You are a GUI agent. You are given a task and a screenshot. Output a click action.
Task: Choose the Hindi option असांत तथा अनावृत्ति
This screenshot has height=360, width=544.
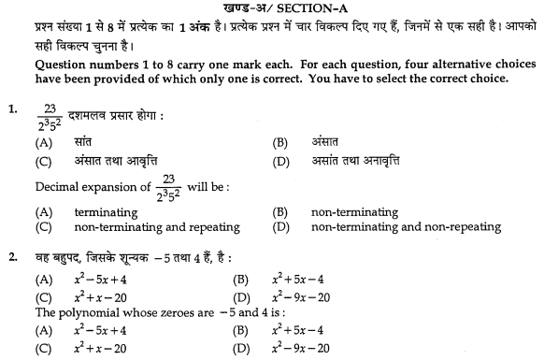[369, 161]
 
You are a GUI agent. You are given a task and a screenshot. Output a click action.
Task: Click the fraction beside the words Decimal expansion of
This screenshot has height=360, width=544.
[180, 188]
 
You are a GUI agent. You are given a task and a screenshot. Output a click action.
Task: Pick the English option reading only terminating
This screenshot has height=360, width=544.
[105, 212]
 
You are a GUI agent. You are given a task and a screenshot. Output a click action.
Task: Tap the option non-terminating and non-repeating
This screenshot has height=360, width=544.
[405, 226]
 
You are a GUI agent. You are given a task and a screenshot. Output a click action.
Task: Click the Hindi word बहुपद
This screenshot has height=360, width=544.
[74, 258]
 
